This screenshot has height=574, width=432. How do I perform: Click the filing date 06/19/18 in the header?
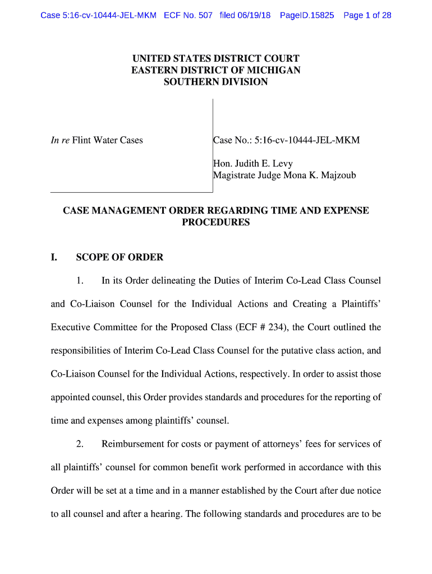point(253,15)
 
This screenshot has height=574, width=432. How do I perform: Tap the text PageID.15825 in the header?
point(306,15)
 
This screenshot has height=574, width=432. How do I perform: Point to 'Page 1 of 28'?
point(367,15)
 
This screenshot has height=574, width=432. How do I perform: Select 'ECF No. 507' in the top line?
point(188,15)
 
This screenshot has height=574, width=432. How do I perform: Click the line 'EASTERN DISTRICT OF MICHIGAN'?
point(216,70)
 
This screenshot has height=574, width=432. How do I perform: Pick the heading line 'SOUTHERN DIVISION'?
point(216,82)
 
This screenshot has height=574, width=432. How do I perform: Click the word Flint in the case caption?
point(83,140)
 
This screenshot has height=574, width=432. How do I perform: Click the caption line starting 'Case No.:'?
point(286,140)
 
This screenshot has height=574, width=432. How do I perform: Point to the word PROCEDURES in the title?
point(216,223)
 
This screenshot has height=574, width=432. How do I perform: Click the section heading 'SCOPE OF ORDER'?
point(120,257)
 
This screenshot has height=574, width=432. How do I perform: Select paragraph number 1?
point(80,280)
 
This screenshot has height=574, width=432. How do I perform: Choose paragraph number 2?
point(80,444)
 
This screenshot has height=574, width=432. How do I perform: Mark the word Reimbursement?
point(134,444)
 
